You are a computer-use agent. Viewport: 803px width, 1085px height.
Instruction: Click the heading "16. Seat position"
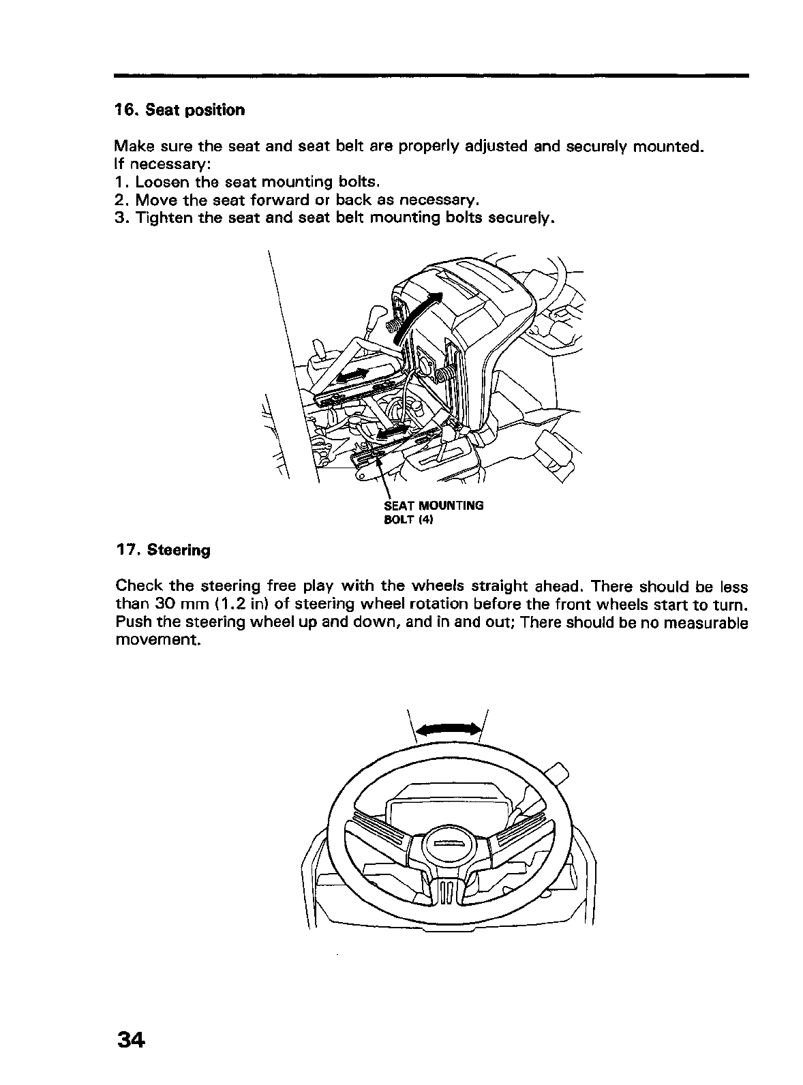coord(179,110)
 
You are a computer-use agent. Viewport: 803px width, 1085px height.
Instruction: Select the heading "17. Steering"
coord(163,549)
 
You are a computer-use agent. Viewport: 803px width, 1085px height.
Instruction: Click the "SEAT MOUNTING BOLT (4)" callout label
coord(434,513)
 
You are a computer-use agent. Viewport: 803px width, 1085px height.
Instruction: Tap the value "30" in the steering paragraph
coord(157,605)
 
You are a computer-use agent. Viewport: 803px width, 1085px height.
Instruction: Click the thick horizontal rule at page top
coord(431,76)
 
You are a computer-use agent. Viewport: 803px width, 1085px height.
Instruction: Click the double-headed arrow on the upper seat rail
coord(352,375)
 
